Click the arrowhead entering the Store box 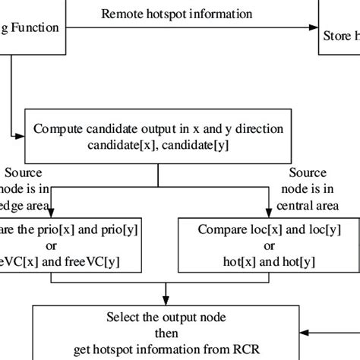pyautogui.click(x=311, y=29)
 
